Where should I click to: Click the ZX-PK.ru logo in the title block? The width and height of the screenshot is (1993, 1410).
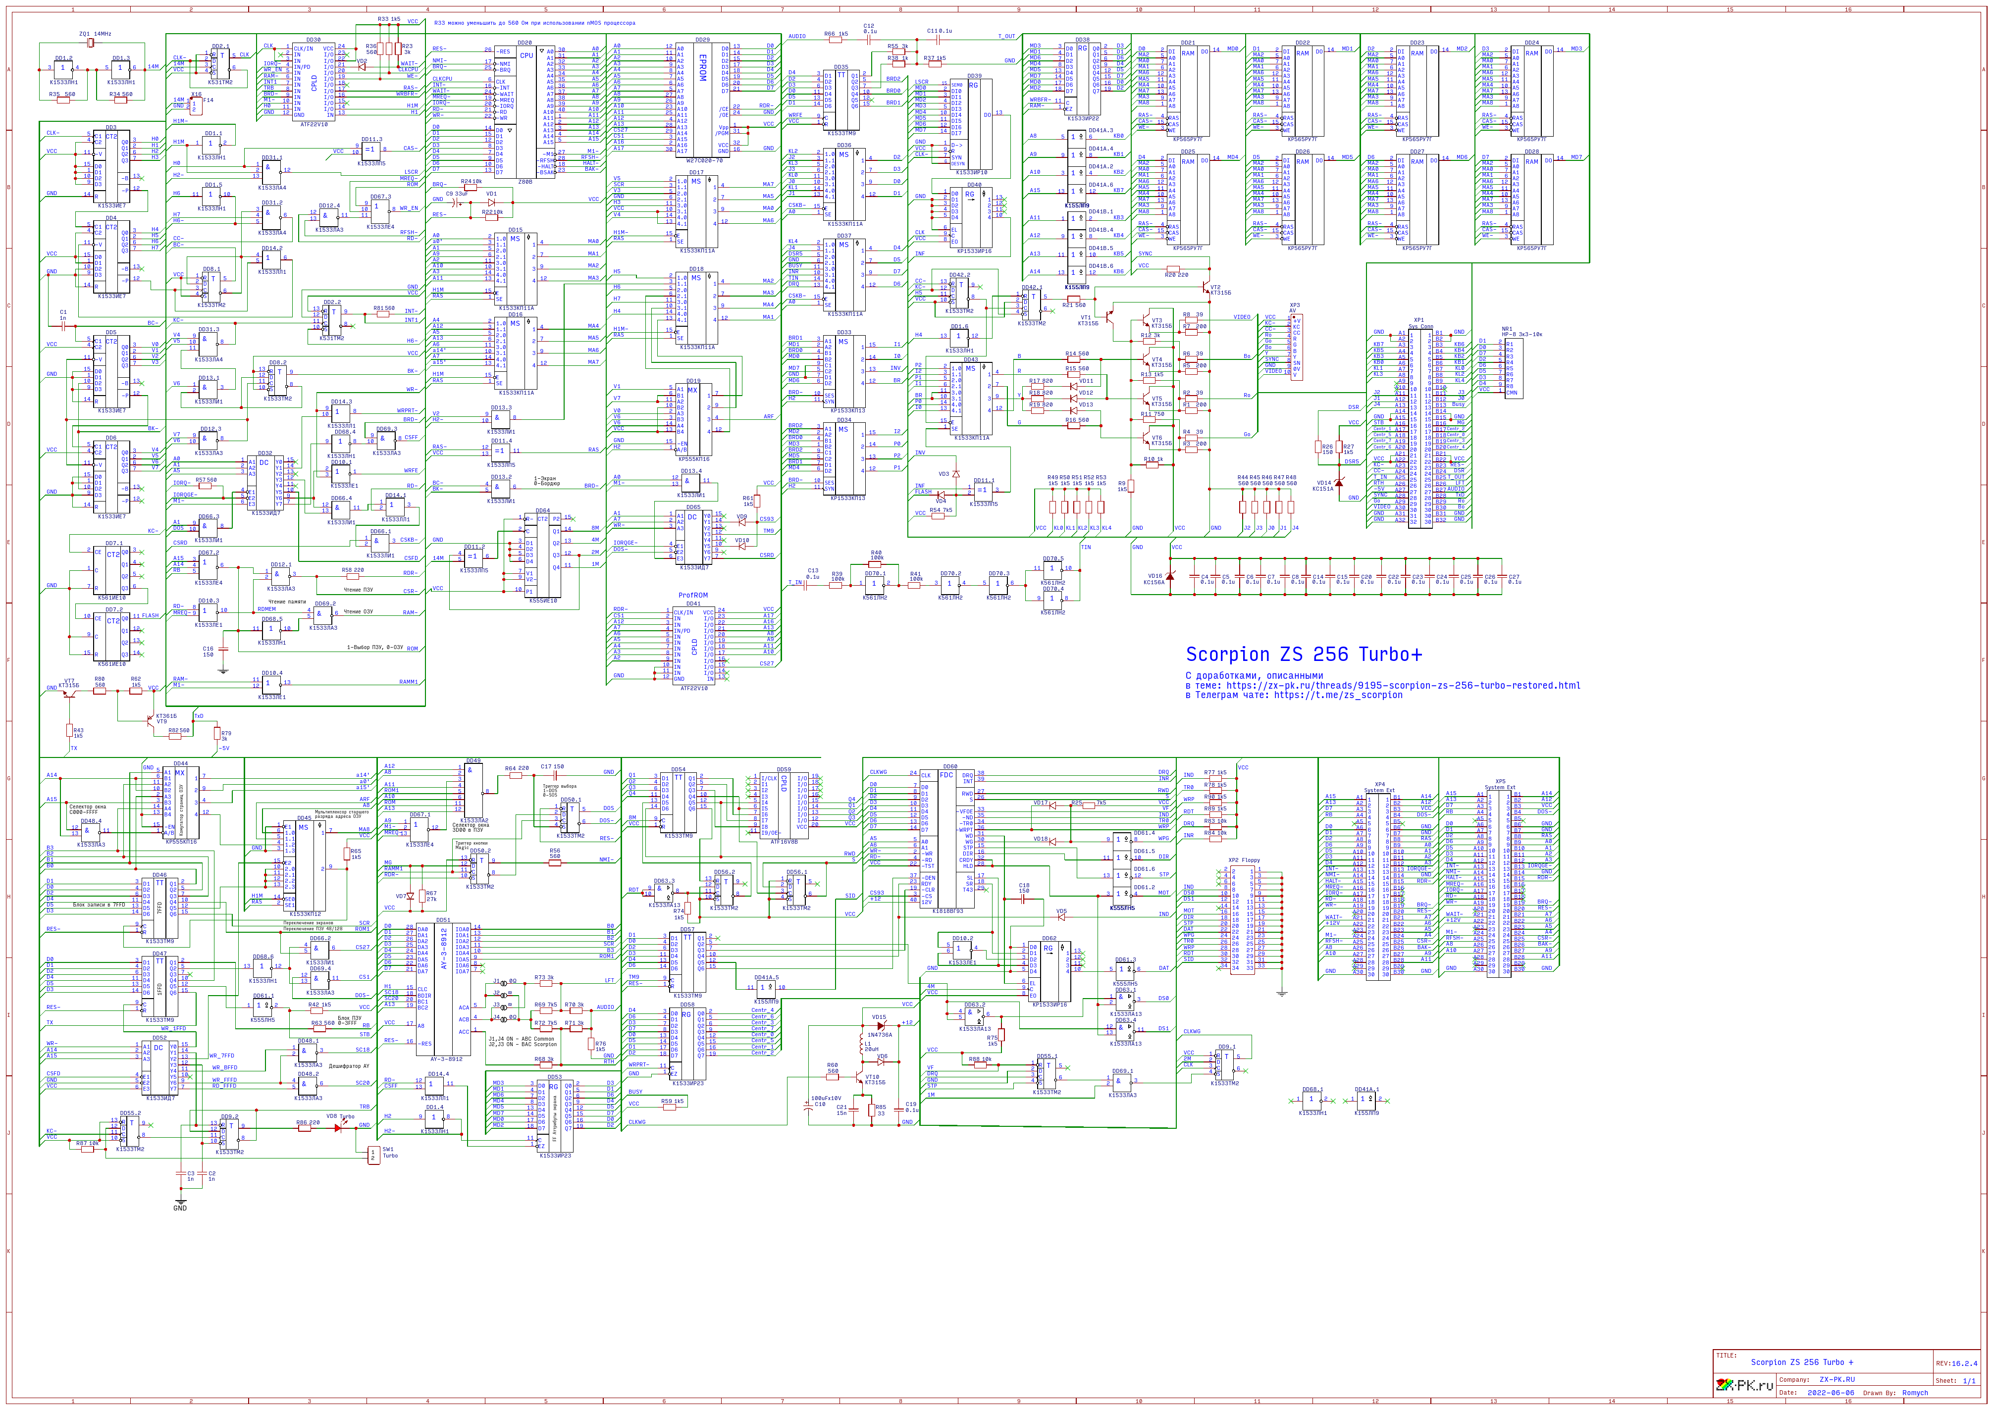pos(1744,1384)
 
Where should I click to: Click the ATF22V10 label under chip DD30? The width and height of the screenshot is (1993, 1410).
pos(314,124)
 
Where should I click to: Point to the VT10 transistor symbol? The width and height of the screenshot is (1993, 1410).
pos(861,1079)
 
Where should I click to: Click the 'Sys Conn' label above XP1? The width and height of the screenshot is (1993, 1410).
pos(1421,326)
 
